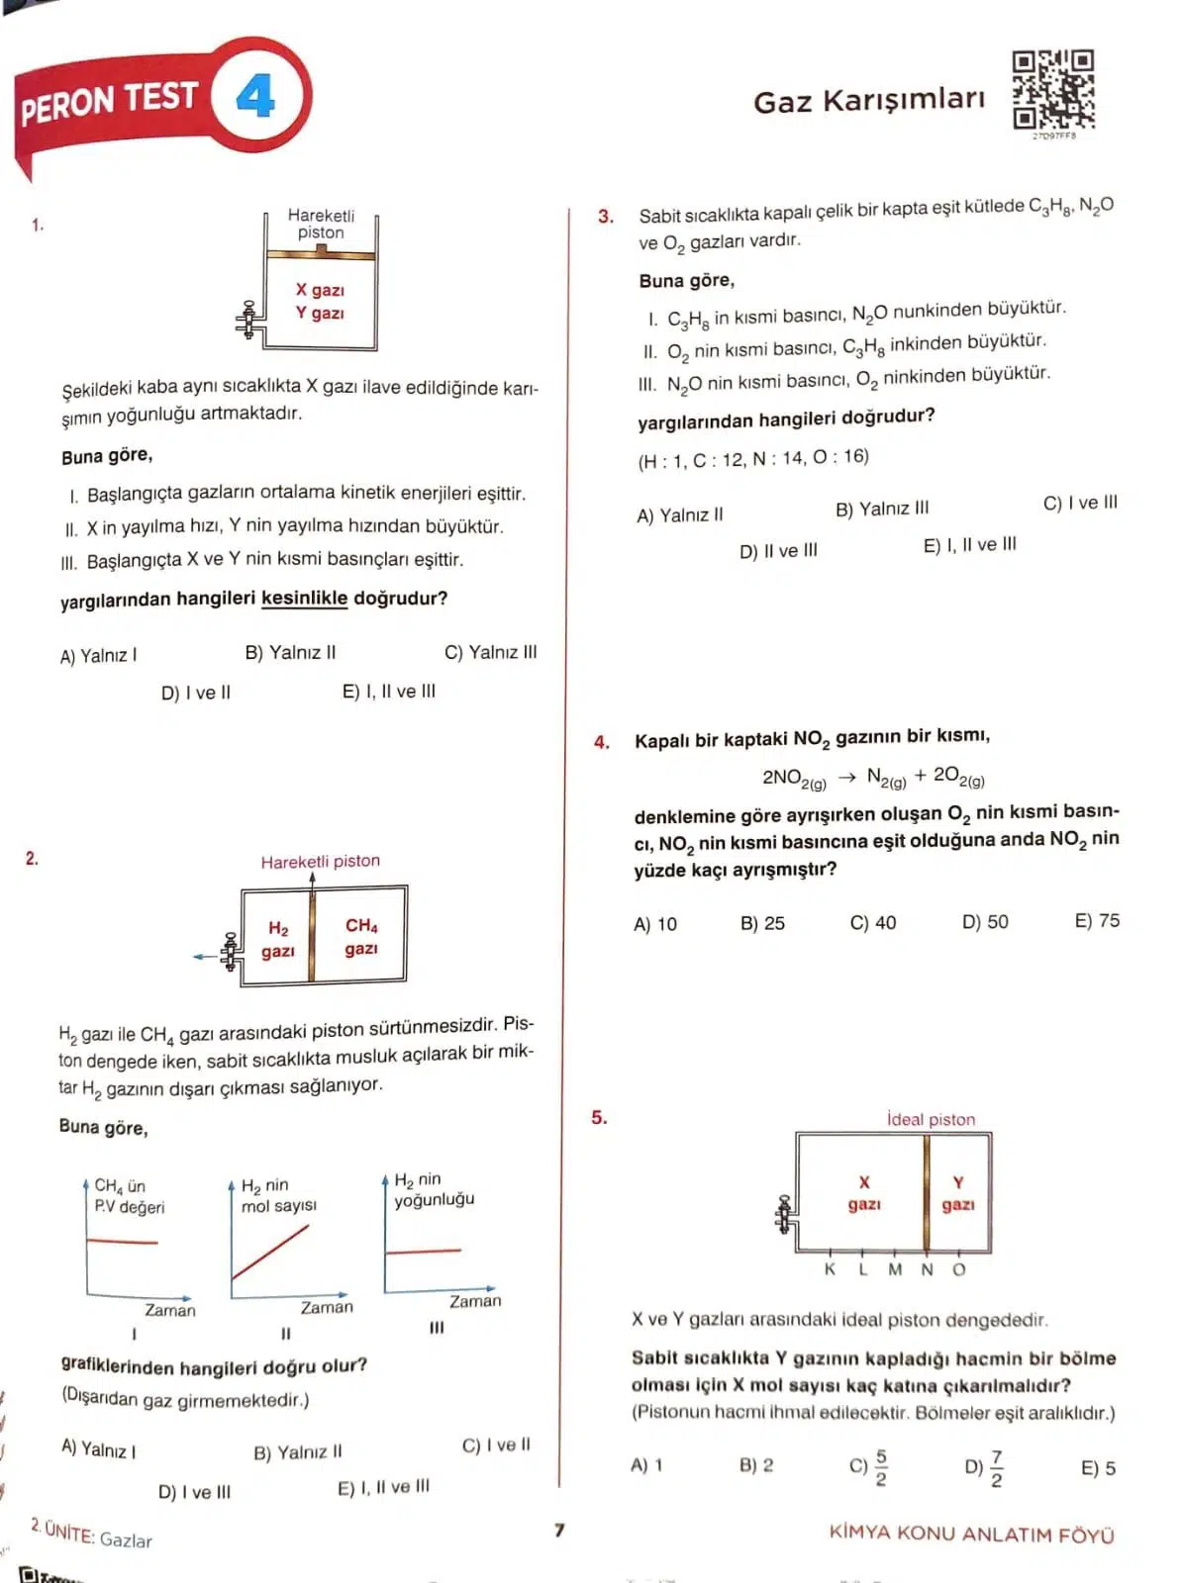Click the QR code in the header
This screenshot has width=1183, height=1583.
pos(1052,90)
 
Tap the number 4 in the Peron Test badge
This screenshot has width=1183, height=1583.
pos(255,97)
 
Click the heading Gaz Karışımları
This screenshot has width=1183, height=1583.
pos(869,101)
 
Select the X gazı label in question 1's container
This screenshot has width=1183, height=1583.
pos(320,290)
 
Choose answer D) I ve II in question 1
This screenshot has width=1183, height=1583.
pos(195,693)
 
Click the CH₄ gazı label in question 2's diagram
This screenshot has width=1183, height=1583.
pos(361,937)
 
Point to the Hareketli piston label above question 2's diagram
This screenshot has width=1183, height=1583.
pos(320,862)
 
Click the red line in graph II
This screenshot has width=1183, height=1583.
pos(270,1252)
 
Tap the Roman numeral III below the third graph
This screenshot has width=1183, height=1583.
pos(437,1328)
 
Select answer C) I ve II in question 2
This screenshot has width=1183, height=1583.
pos(496,1445)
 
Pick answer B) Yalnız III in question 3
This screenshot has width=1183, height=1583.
pos(882,509)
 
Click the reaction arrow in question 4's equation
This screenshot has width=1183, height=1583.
pos(846,778)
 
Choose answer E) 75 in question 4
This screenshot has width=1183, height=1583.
pos(1097,921)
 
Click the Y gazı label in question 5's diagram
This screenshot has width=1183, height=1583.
pos(957,1193)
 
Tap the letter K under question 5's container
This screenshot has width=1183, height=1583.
pos(830,1269)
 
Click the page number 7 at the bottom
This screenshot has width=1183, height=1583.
pos(559,1531)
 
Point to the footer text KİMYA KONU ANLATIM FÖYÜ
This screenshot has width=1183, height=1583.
pos(971,1535)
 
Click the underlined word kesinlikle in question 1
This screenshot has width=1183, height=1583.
pos(304,599)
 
